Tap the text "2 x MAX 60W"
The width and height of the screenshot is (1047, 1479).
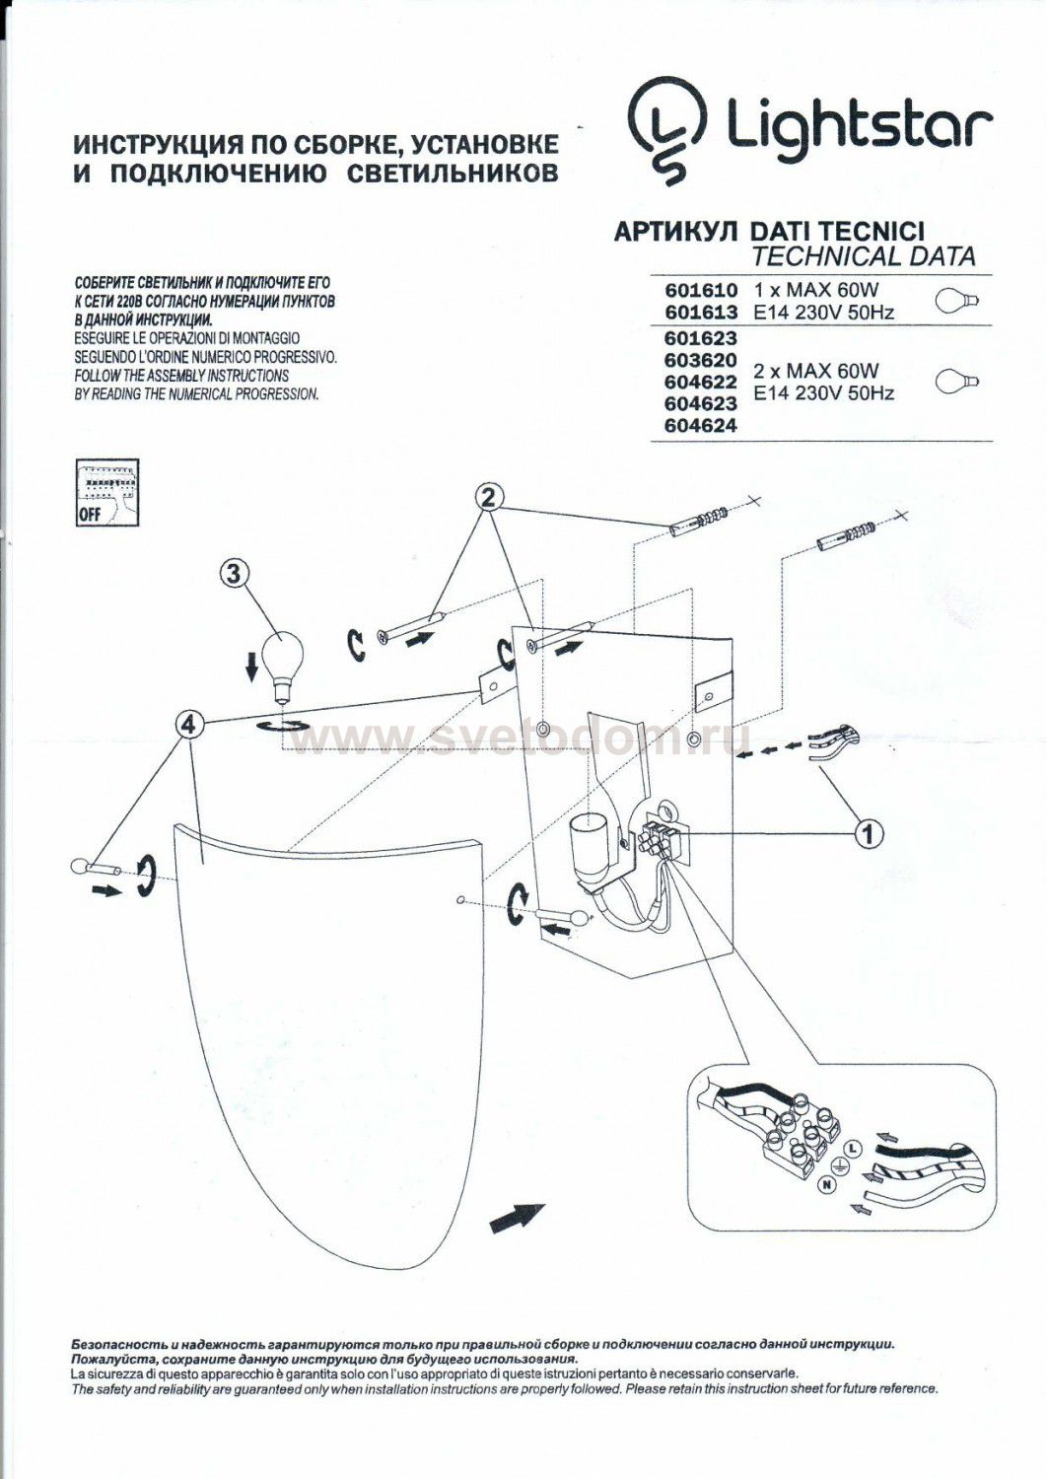[x=814, y=372]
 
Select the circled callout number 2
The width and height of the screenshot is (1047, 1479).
[x=494, y=497]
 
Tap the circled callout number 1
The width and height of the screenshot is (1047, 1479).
[x=867, y=835]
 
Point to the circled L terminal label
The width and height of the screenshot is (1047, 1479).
[x=854, y=1150]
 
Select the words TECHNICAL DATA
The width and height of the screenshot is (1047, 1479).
[x=863, y=257]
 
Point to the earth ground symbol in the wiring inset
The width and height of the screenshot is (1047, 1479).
[x=842, y=1167]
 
